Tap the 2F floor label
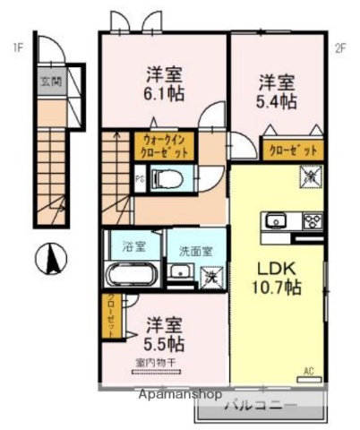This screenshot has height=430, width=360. [339, 47]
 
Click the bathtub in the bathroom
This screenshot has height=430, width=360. [132, 274]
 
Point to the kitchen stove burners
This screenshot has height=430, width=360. [311, 220]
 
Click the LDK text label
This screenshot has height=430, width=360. [276, 269]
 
